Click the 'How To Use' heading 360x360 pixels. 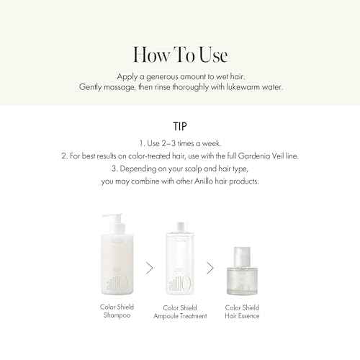180,55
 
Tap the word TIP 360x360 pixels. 180,125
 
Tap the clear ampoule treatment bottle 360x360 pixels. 179,266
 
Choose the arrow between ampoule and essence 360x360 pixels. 210,268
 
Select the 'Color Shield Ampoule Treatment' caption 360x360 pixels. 179,311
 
